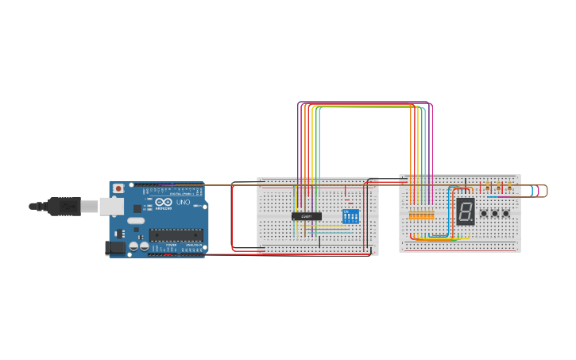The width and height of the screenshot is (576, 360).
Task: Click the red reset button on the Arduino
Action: (x=118, y=188)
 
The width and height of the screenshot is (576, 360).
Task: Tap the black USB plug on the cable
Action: (x=64, y=207)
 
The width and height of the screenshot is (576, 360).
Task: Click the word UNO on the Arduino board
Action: (x=183, y=203)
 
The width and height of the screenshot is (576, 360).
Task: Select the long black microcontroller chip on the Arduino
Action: (x=176, y=234)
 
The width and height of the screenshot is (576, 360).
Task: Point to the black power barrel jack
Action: (x=115, y=247)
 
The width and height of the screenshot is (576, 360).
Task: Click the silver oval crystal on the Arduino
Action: (x=136, y=220)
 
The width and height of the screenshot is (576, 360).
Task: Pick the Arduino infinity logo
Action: (x=164, y=203)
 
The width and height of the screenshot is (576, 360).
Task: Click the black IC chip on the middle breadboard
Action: (x=307, y=216)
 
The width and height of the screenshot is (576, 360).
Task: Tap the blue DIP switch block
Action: (x=350, y=215)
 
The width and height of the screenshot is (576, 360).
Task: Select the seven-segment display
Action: (x=466, y=211)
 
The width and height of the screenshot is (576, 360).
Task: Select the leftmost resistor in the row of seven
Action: (x=411, y=215)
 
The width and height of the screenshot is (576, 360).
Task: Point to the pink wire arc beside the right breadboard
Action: (x=538, y=191)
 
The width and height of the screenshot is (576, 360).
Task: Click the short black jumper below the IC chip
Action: (x=320, y=241)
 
